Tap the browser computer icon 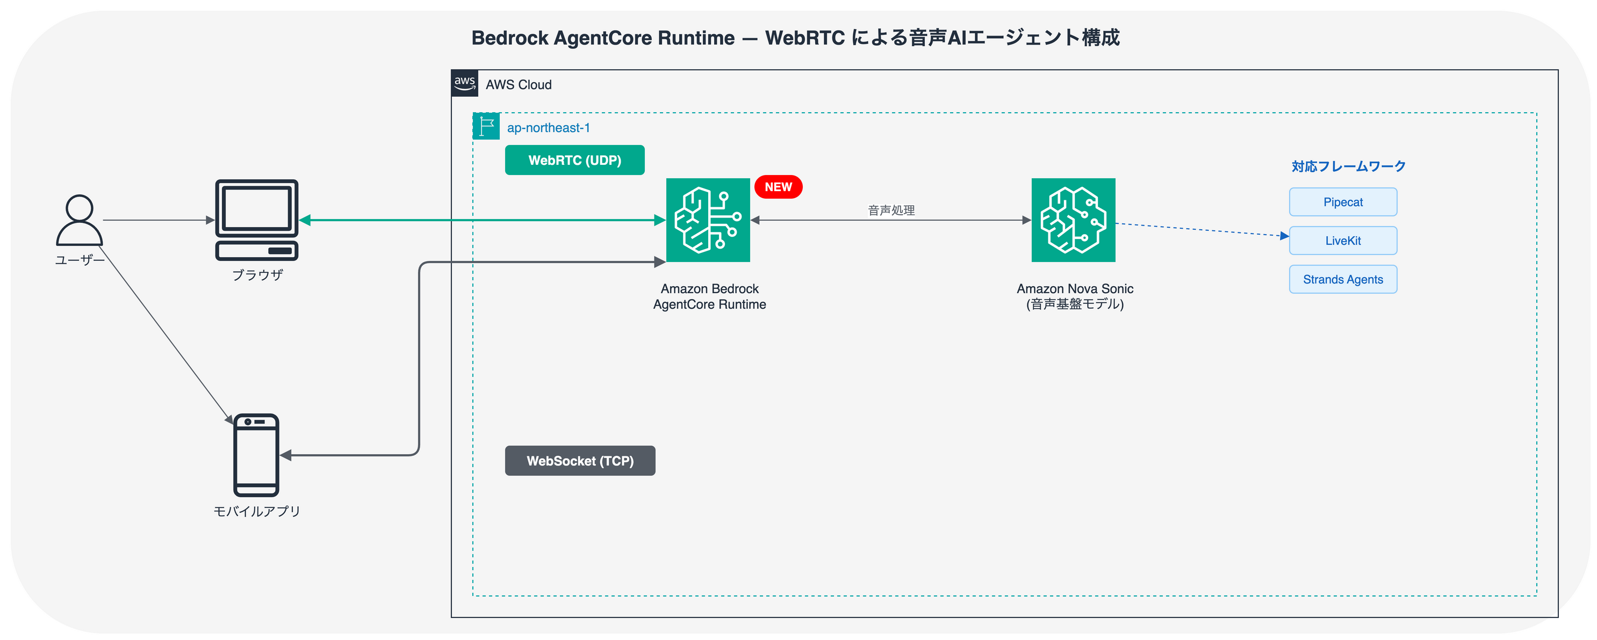click(257, 220)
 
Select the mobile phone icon click(256, 455)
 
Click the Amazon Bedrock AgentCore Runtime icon click(708, 220)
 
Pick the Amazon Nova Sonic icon click(1073, 220)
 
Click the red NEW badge click(778, 187)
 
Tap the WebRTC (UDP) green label click(575, 161)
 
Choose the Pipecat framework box click(1343, 202)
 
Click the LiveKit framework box click(1343, 241)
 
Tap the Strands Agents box click(1343, 279)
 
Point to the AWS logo click(464, 84)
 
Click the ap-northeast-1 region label click(548, 128)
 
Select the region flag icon click(486, 126)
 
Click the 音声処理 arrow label click(891, 210)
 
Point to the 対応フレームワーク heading click(1348, 166)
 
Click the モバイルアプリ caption click(257, 511)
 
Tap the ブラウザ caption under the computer click(257, 274)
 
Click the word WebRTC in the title click(805, 38)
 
